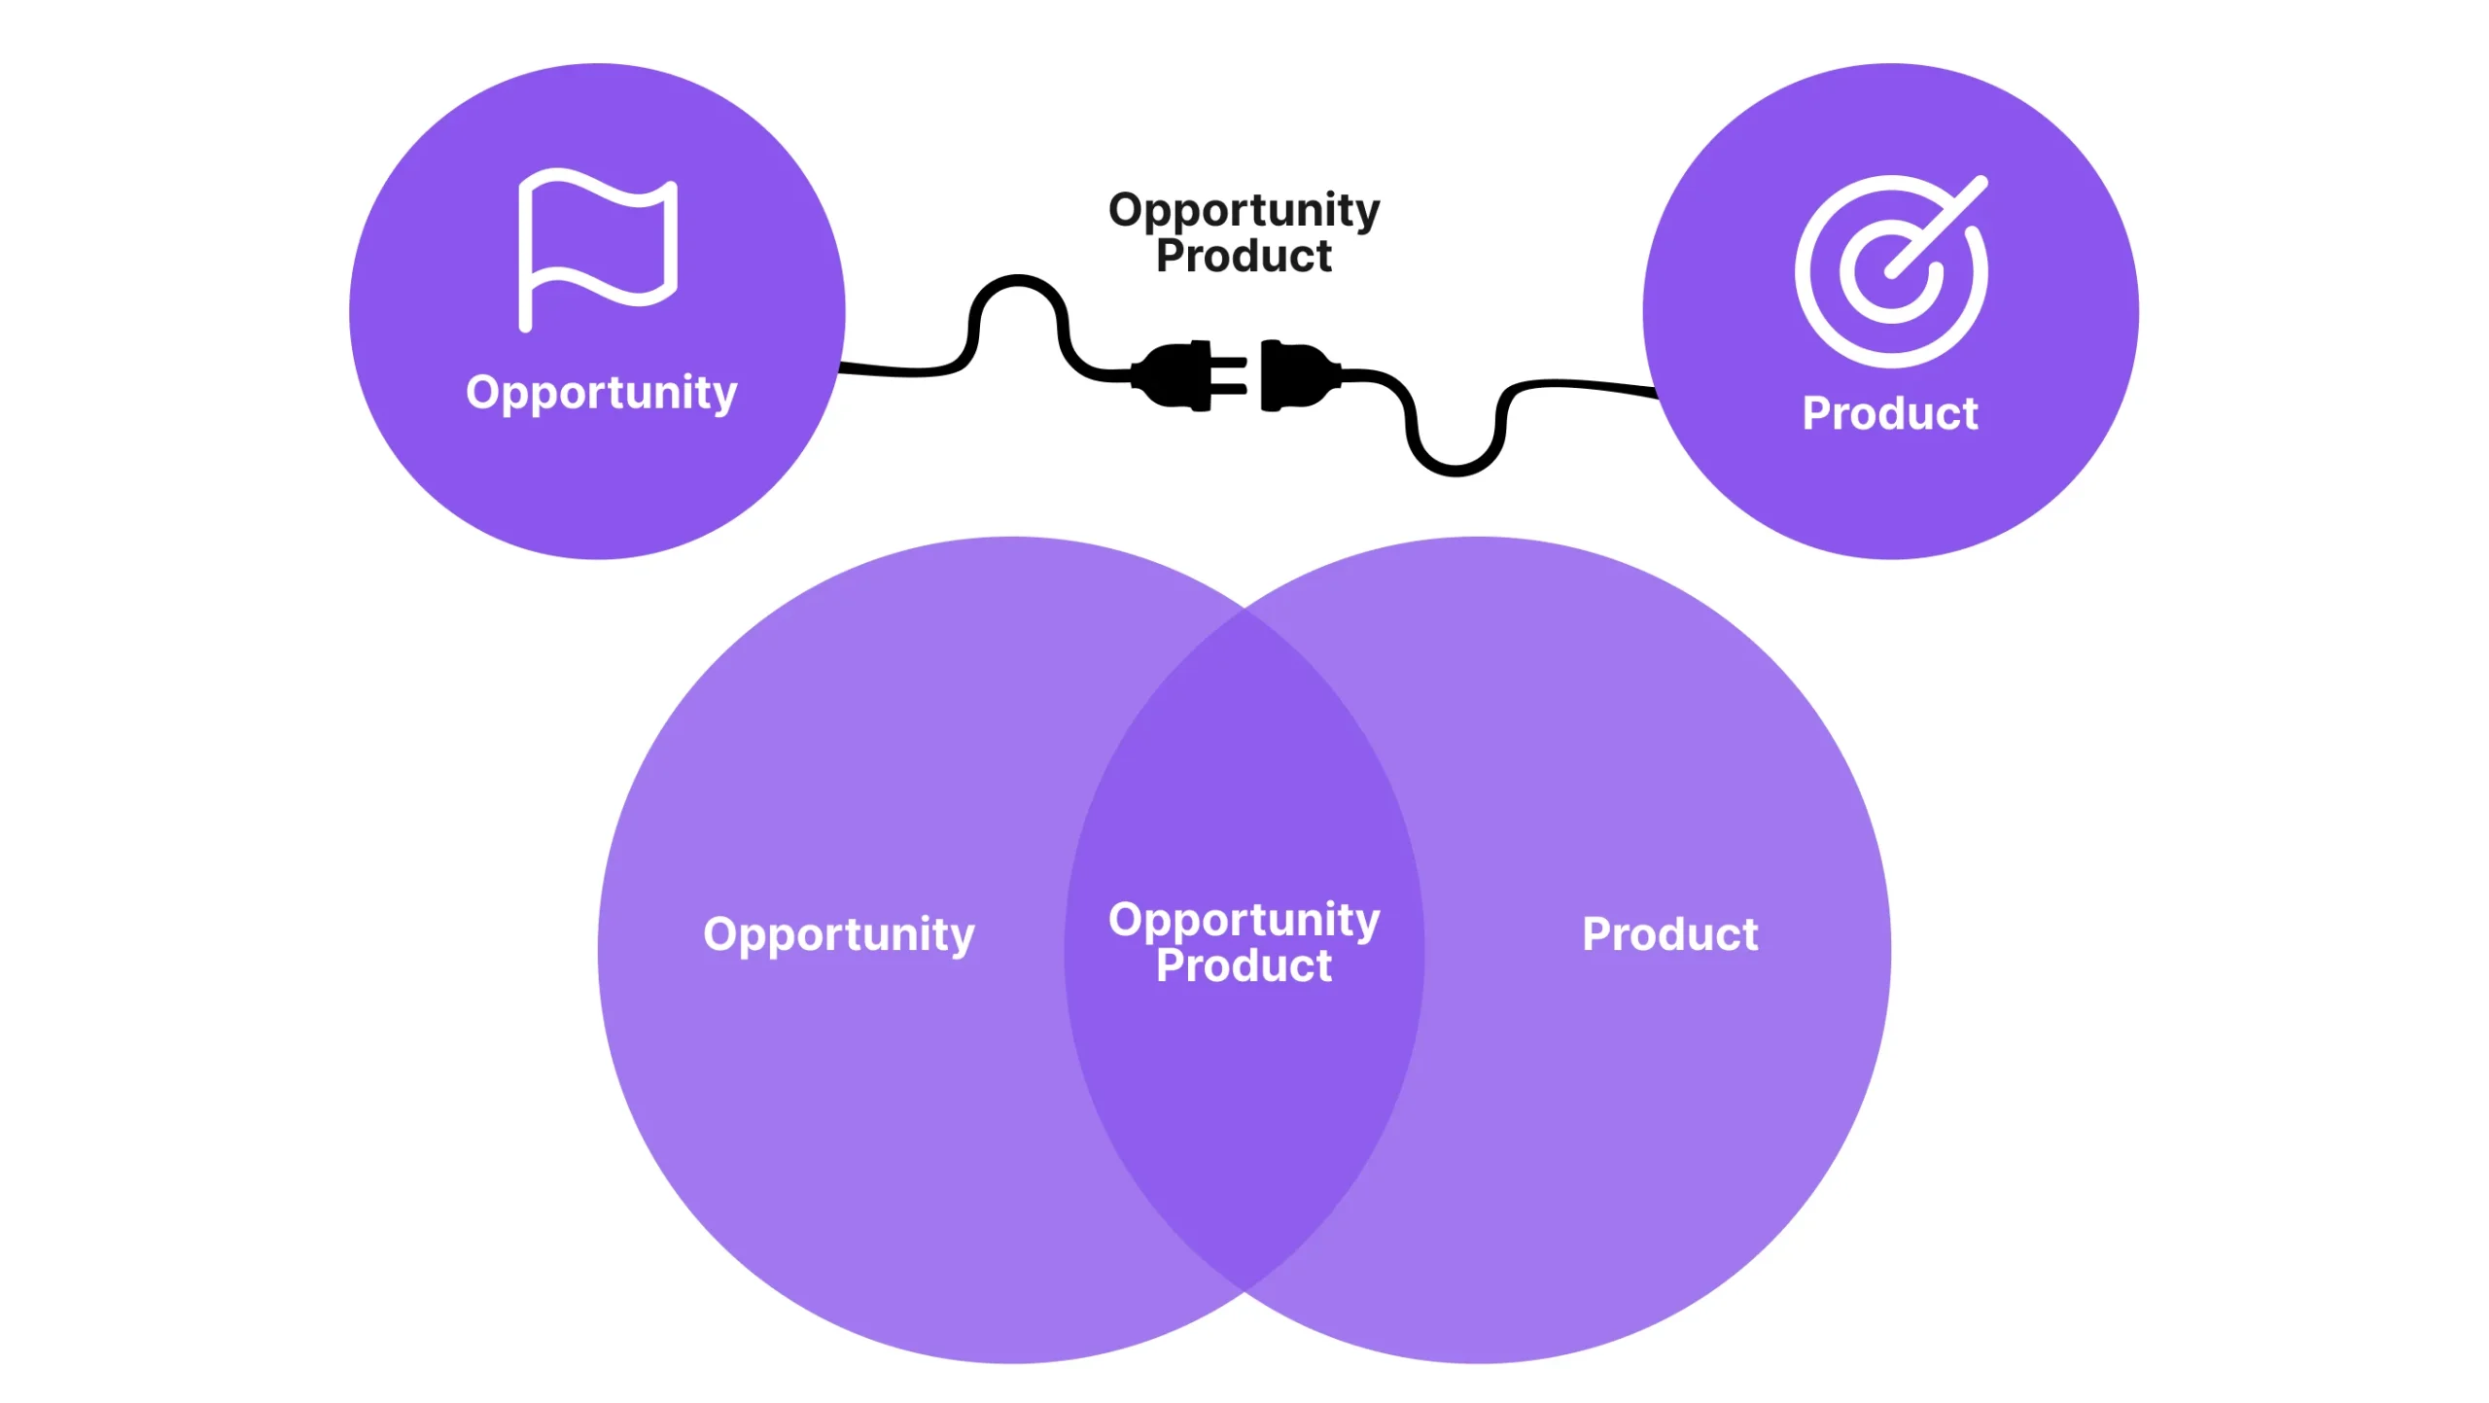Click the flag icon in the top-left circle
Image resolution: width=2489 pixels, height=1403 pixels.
pyautogui.click(x=597, y=248)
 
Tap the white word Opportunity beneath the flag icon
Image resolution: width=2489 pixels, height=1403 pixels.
pyautogui.click(x=601, y=393)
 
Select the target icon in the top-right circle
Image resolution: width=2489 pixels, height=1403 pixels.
pyautogui.click(x=1890, y=271)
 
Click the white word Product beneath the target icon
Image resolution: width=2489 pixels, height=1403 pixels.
pyautogui.click(x=1889, y=413)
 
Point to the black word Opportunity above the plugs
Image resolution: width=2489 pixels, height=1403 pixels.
pyautogui.click(x=1244, y=210)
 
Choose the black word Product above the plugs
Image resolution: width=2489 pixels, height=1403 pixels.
pyautogui.click(x=1244, y=257)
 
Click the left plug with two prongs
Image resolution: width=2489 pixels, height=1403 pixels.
pyautogui.click(x=1181, y=375)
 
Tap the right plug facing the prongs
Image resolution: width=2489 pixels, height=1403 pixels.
pyautogui.click(x=1295, y=375)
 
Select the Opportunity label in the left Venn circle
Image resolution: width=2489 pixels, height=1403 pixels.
pyautogui.click(x=838, y=934)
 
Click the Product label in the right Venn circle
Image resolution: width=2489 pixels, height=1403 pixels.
pyautogui.click(x=1669, y=934)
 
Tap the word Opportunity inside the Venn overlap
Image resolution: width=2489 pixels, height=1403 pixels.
pyautogui.click(x=1244, y=920)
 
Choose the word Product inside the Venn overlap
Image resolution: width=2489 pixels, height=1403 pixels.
pyautogui.click(x=1244, y=965)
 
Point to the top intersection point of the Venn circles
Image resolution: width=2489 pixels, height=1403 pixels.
pyautogui.click(x=1244, y=609)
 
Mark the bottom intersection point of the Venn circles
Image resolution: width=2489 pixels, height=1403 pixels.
pyautogui.click(x=1244, y=1291)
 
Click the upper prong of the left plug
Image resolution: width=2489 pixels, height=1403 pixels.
pyautogui.click(x=1229, y=362)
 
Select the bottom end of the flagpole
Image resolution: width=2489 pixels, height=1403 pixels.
pyautogui.click(x=525, y=326)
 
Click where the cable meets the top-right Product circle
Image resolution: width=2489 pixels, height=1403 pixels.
pyautogui.click(x=1656, y=392)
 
